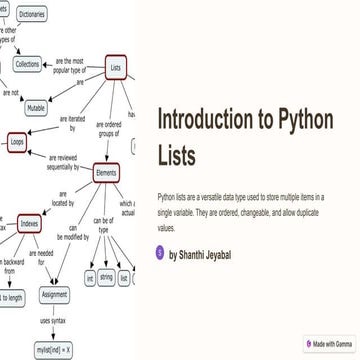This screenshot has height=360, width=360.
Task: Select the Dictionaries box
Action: pyautogui.click(x=31, y=14)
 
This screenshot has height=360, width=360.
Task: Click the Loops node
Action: pyautogui.click(x=17, y=143)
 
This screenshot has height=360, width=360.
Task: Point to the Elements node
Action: pyautogui.click(x=105, y=171)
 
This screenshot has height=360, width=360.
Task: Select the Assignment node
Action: pyautogui.click(x=54, y=295)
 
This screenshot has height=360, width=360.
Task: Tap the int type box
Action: pyautogui.click(x=89, y=277)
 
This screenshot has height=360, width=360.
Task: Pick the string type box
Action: pyautogui.click(x=106, y=277)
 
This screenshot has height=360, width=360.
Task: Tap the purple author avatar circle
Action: pyautogui.click(x=161, y=254)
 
